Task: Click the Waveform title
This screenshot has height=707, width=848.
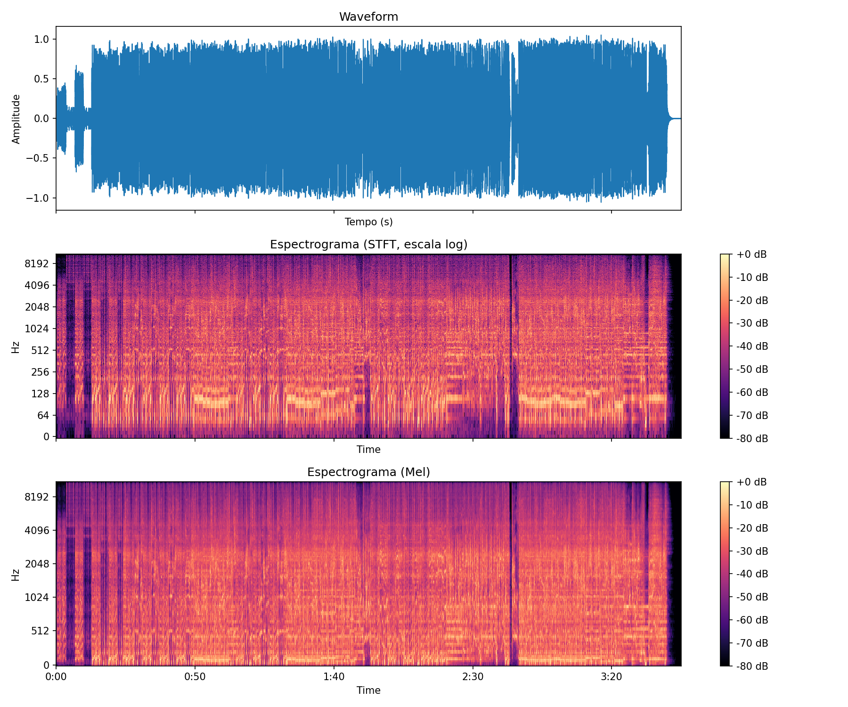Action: coord(368,17)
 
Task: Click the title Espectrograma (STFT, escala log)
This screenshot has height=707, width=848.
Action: coord(368,245)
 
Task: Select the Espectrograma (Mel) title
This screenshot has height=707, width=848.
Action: coord(368,472)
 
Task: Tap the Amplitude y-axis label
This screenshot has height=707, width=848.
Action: coord(16,119)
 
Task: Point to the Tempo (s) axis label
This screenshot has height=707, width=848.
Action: coord(368,222)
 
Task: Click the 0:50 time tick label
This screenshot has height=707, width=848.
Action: coord(195,677)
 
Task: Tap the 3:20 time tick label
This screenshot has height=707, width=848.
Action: coord(612,677)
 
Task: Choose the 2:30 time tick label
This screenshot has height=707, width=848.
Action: coord(473,677)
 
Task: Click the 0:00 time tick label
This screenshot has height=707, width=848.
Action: coord(56,677)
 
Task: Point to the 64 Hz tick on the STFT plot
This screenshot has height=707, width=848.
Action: coord(43,416)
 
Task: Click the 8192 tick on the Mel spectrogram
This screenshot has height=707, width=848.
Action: coord(37,497)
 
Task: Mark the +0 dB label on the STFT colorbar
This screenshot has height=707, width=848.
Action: coord(752,255)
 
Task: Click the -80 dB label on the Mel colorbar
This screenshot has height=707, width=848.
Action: coord(752,666)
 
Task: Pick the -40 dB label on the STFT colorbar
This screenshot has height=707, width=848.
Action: coord(752,346)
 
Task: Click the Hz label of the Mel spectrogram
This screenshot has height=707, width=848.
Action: coord(16,575)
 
